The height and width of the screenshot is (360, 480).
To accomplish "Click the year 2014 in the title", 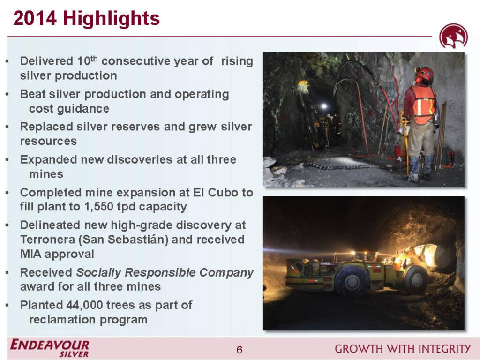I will tap(35, 18).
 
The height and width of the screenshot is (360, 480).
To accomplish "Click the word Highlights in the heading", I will tap(112, 18).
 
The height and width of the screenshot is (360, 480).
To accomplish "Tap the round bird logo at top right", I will tap(453, 37).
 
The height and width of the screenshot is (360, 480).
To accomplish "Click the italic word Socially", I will tap(98, 272).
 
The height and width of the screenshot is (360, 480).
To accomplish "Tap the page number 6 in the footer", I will tap(240, 350).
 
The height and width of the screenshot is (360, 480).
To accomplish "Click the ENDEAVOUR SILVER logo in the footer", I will tap(50, 348).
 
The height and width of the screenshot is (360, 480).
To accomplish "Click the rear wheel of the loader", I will tap(352, 280).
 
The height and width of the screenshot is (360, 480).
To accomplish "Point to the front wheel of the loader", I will tap(416, 279).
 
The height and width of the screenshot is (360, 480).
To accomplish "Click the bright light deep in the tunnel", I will tap(323, 106).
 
